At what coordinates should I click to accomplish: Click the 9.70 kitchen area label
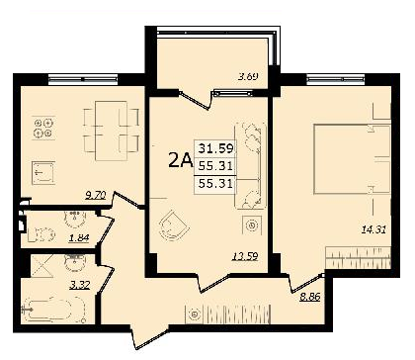click(95, 196)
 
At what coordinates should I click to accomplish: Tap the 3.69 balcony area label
click(248, 76)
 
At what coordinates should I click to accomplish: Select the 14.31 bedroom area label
click(373, 229)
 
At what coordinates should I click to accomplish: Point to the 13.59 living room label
click(245, 256)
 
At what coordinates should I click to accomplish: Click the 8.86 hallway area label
click(310, 297)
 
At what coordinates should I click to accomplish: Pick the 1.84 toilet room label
click(79, 237)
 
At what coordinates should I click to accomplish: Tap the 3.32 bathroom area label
click(80, 285)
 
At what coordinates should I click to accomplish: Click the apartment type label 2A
click(180, 160)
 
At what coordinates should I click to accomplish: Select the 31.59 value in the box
click(215, 148)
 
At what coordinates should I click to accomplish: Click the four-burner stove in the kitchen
click(43, 128)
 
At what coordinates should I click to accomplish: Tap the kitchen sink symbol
click(43, 172)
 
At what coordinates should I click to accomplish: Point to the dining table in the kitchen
click(111, 131)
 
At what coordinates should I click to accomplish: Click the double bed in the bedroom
click(352, 158)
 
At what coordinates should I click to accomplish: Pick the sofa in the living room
click(250, 165)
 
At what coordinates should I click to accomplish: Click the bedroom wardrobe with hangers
click(359, 257)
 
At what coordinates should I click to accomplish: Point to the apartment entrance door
click(150, 336)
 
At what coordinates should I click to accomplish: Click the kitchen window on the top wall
click(83, 79)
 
